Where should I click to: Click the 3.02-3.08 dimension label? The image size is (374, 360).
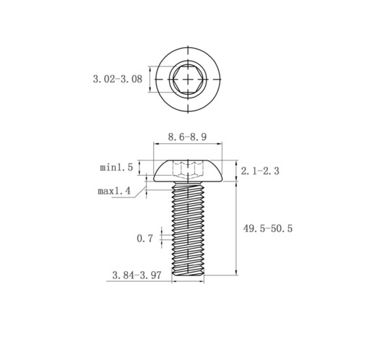point(118,79)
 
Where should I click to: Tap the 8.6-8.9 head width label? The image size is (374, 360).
point(187,137)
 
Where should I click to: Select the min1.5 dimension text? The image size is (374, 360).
point(116,168)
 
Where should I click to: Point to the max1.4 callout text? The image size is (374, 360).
point(114,191)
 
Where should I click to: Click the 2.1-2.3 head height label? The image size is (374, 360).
point(260,171)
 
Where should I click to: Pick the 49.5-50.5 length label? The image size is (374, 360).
point(268,228)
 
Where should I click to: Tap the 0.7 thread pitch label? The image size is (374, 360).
point(145,239)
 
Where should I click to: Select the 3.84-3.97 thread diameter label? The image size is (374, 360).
point(136,275)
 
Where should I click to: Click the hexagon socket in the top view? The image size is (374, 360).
point(188,79)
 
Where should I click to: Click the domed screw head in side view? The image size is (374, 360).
point(188,171)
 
